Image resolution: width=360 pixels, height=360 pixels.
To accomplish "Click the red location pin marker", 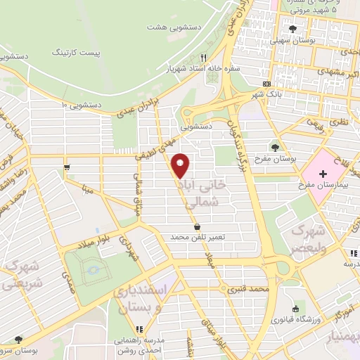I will pos(181,165).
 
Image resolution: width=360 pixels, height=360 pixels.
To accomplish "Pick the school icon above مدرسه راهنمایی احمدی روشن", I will pos(139,328).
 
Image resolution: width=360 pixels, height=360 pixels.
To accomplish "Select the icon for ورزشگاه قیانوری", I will pos(297,309).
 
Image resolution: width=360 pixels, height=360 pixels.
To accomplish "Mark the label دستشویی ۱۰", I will pos(84,104).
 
